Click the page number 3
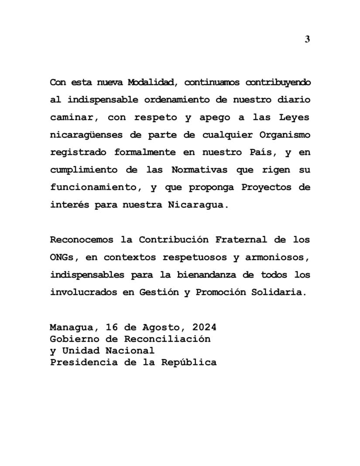pyautogui.click(x=307, y=40)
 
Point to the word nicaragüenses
pyautogui.click(x=89, y=135)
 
